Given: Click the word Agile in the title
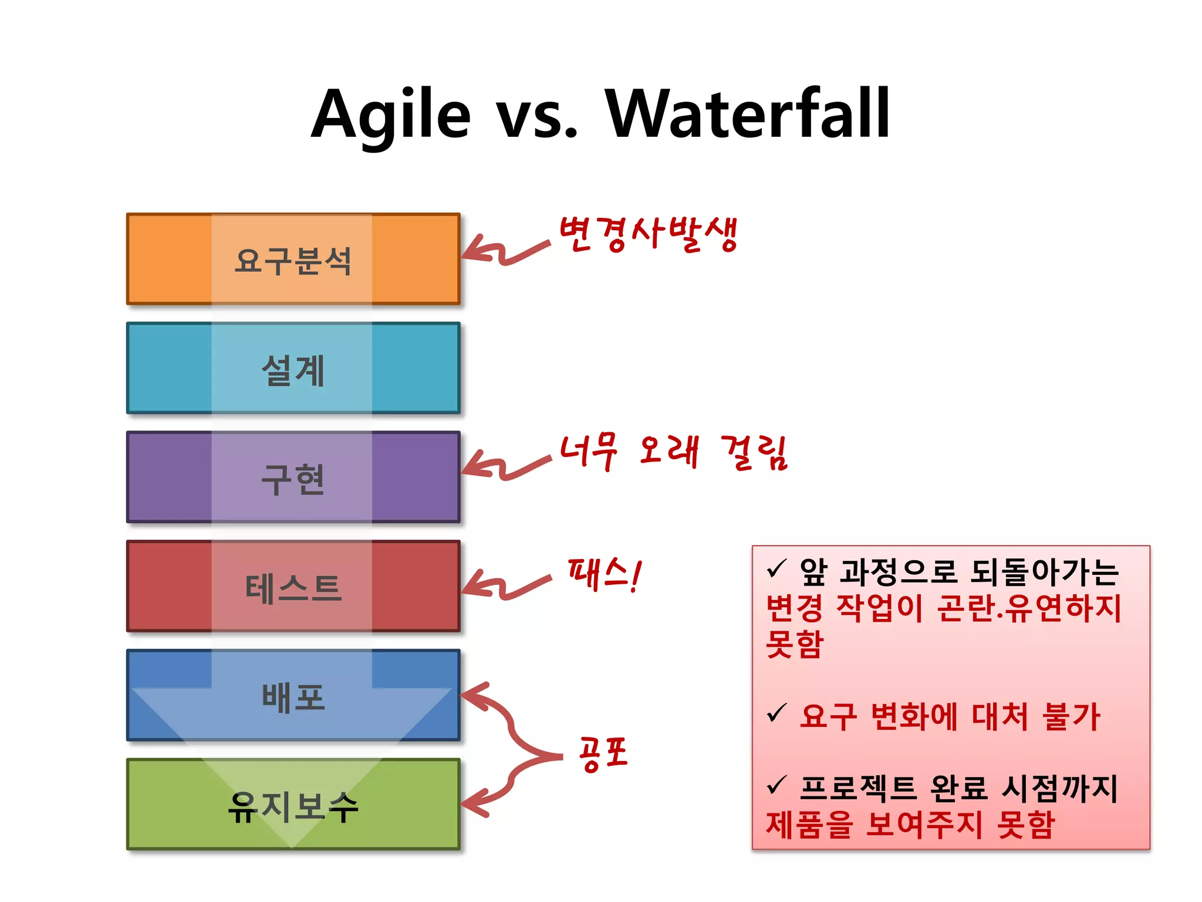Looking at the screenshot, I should click(x=390, y=115).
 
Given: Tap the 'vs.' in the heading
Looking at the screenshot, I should click(x=536, y=117).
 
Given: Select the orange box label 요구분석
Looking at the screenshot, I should click(x=293, y=261).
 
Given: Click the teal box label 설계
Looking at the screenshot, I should click(x=293, y=370).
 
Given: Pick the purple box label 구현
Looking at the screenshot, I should click(x=293, y=479).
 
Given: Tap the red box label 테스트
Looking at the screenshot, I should click(x=293, y=588).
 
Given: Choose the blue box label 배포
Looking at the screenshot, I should click(x=293, y=697).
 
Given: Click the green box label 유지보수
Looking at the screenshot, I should click(x=293, y=806).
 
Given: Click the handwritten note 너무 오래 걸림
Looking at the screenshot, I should click(x=673, y=452).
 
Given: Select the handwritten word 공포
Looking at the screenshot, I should click(x=603, y=754).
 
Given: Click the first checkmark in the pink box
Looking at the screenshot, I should click(x=776, y=568).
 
